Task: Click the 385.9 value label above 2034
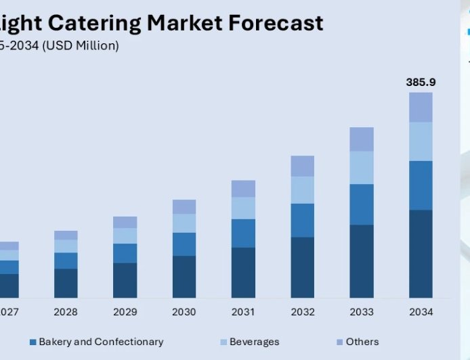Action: tap(421, 82)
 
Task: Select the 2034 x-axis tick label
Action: tap(421, 312)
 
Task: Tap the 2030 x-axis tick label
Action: tap(184, 312)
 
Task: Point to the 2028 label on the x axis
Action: tap(66, 312)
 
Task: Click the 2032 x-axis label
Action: tap(303, 312)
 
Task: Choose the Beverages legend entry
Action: tap(254, 342)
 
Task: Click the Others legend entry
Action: tap(362, 342)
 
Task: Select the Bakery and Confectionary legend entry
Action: tap(100, 342)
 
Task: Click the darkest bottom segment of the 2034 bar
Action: tap(421, 254)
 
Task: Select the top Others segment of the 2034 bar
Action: tap(421, 107)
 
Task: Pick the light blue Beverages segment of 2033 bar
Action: tap(362, 167)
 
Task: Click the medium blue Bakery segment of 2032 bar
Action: tap(303, 220)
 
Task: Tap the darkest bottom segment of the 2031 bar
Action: tap(243, 272)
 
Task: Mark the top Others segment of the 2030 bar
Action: tap(184, 206)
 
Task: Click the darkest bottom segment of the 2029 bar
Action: tap(125, 280)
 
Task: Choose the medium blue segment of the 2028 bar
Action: tap(66, 261)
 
